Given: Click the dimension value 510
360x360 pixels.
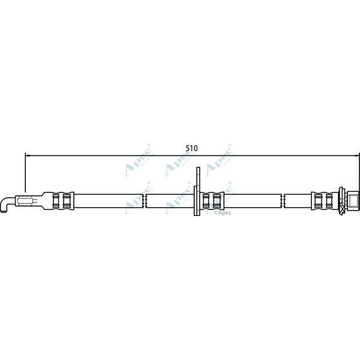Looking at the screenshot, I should [191, 147].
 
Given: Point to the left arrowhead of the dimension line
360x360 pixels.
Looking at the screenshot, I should [28, 155].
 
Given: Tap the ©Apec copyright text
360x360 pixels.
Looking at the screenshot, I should [223, 212].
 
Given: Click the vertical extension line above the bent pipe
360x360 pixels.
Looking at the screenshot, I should [25, 174].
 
